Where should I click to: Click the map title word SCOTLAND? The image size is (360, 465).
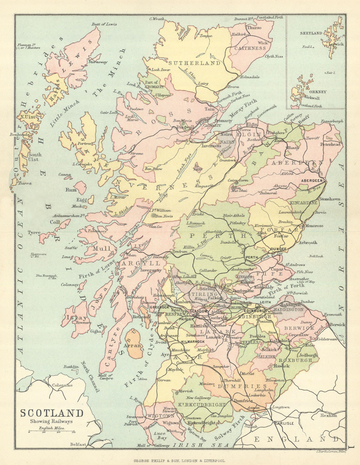[51, 413]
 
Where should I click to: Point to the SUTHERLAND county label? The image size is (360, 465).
[195, 63]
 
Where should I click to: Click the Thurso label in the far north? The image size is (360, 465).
[254, 28]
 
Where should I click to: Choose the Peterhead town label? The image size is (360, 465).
[330, 144]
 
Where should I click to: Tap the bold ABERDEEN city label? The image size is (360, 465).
[312, 180]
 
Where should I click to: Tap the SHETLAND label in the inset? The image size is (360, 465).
[311, 33]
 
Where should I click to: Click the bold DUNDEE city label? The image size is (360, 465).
[278, 249]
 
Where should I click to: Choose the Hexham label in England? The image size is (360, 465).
[329, 416]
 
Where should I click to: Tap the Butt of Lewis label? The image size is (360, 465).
[104, 24]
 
